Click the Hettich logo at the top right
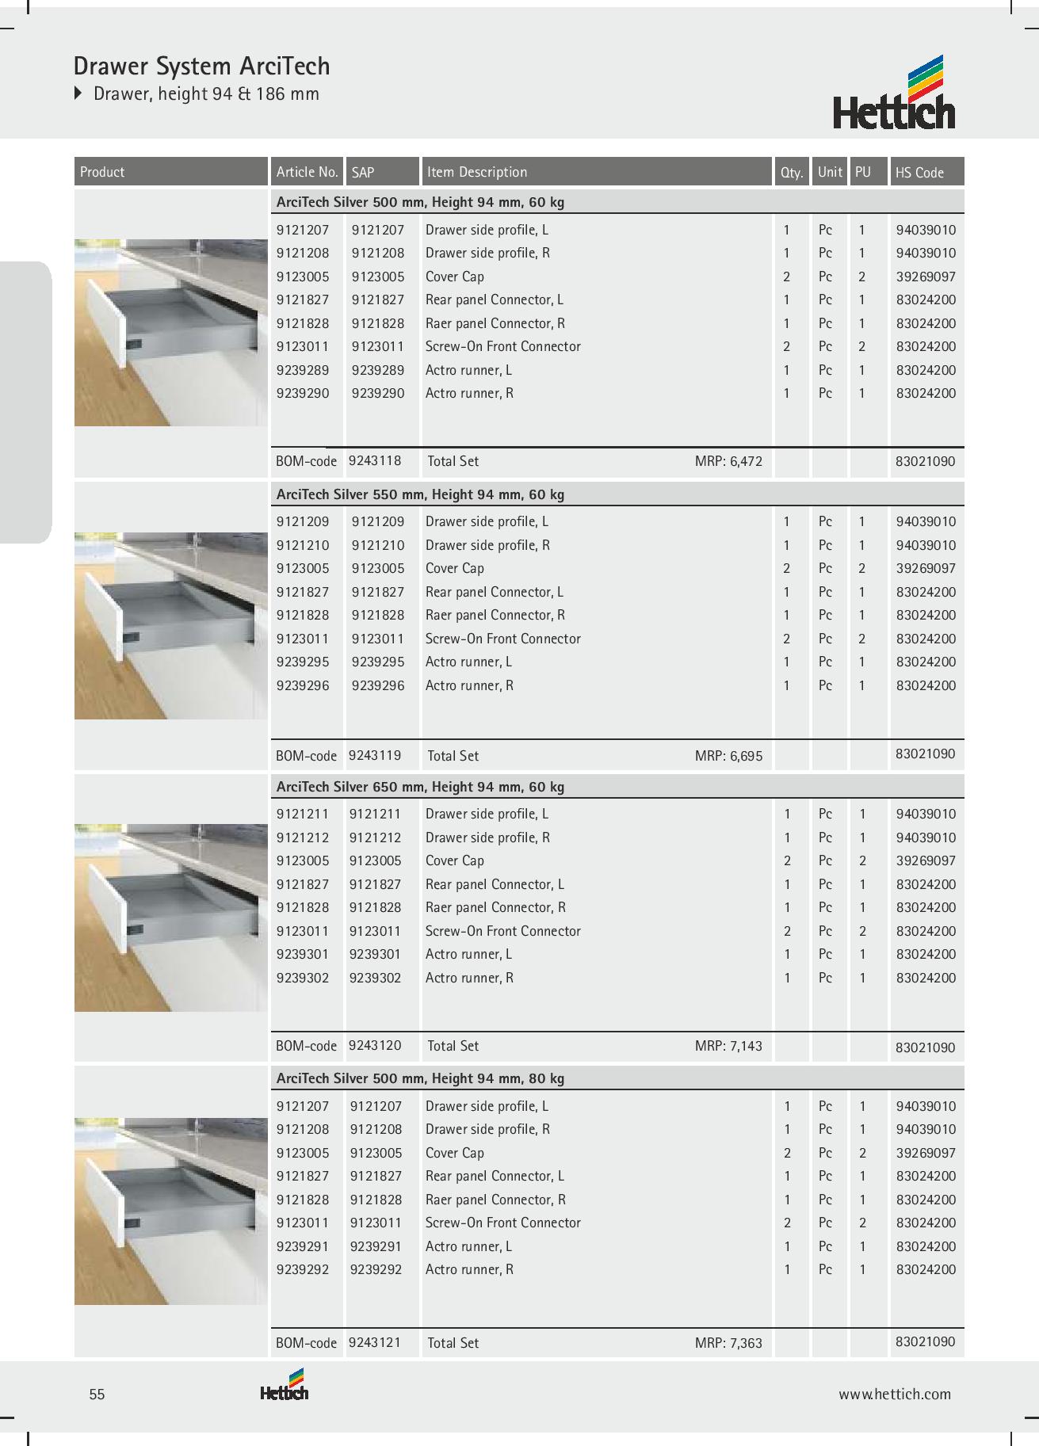click(x=894, y=93)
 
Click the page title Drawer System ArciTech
click(x=201, y=66)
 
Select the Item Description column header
click(x=476, y=172)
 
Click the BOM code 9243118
click(x=375, y=460)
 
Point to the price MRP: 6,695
click(x=728, y=756)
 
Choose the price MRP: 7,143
click(x=728, y=1046)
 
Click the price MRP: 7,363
click(x=728, y=1343)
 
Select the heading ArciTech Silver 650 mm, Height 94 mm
click(x=420, y=787)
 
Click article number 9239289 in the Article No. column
click(x=303, y=370)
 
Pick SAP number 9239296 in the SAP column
click(x=378, y=685)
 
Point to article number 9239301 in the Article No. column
click(x=303, y=954)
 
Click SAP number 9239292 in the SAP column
click(x=376, y=1269)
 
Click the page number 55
click(x=97, y=1394)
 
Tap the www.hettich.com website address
click(x=895, y=1394)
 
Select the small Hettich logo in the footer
click(x=285, y=1387)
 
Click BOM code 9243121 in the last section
click(x=375, y=1342)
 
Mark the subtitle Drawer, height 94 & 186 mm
click(x=206, y=93)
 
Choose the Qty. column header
click(x=792, y=172)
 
